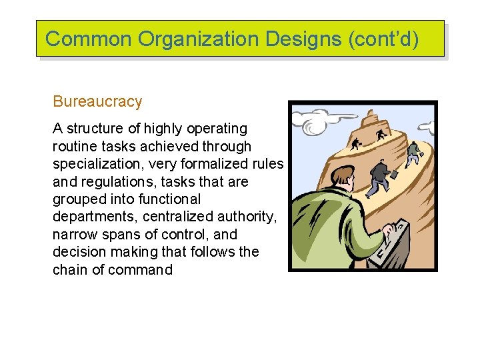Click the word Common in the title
(x=89, y=39)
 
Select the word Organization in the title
(x=199, y=39)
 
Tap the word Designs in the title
(x=303, y=39)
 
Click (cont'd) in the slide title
(x=383, y=39)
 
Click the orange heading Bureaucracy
(x=97, y=101)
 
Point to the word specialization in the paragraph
(x=95, y=164)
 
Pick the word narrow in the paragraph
(x=74, y=235)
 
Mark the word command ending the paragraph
(x=142, y=270)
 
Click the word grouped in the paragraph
(x=78, y=199)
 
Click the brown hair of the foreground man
(x=343, y=175)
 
